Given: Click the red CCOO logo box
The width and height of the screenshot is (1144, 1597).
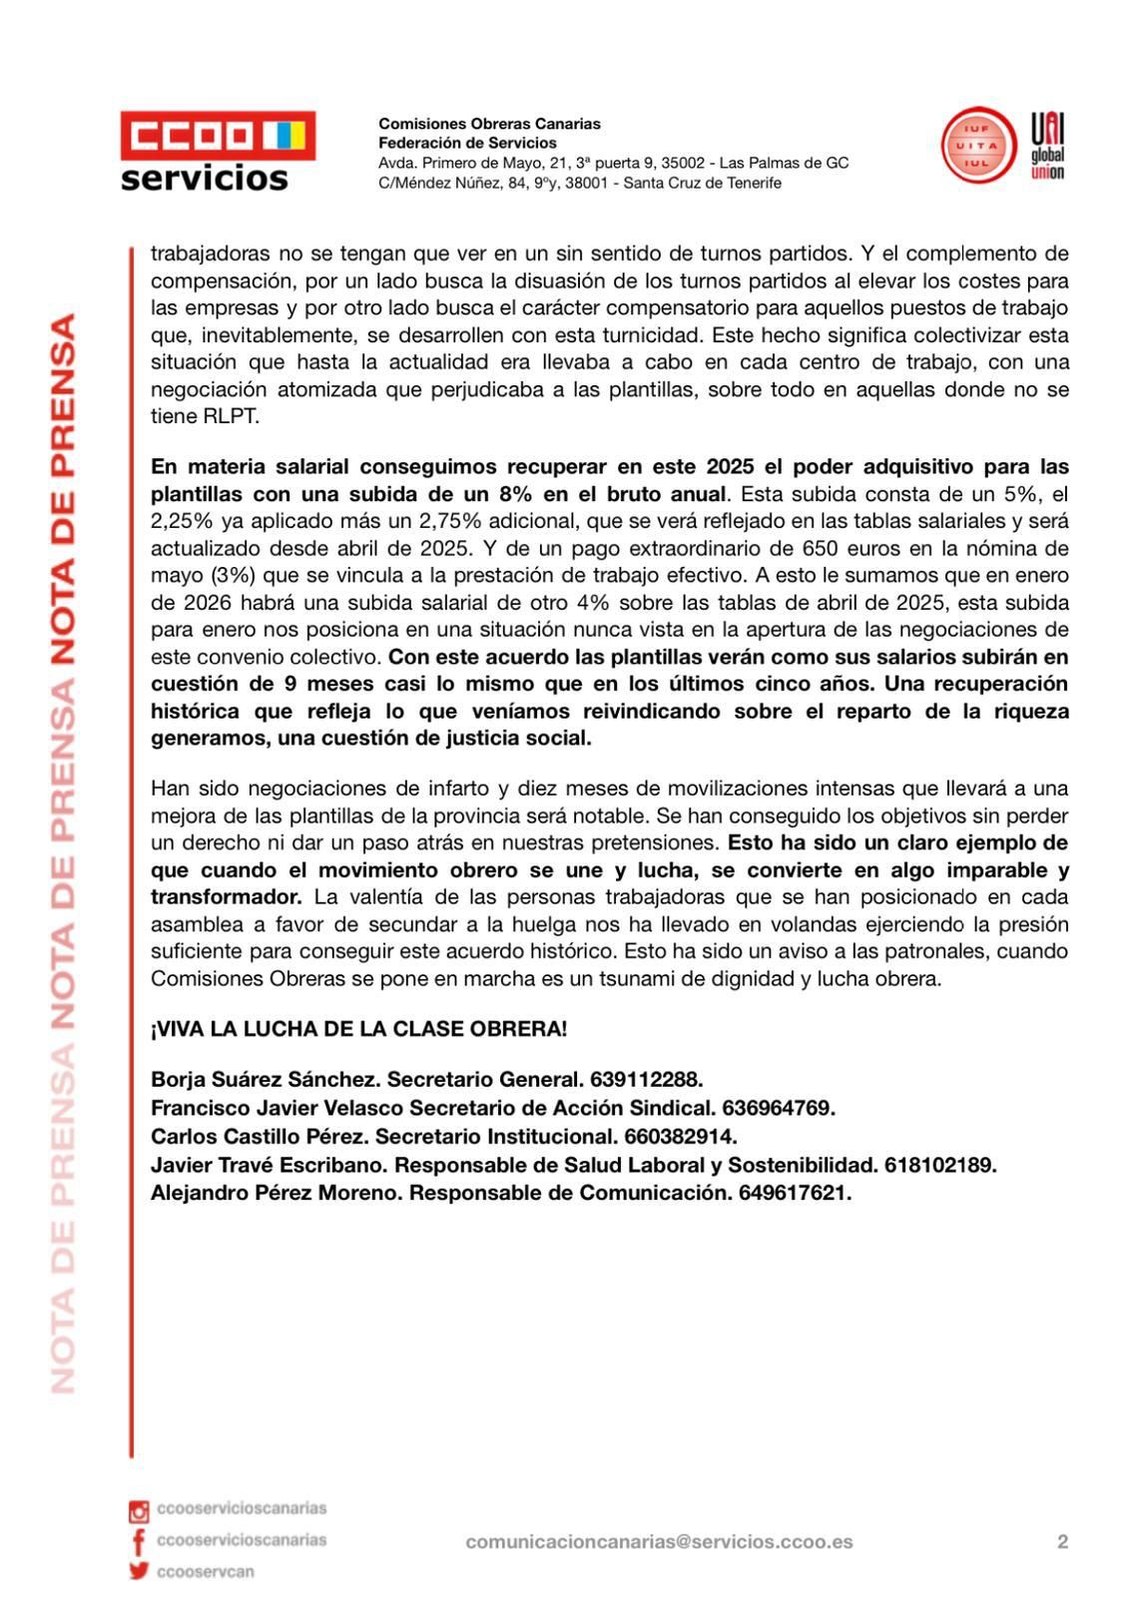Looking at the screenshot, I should (218, 136).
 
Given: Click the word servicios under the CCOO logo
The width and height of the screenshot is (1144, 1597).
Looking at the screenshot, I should (205, 179).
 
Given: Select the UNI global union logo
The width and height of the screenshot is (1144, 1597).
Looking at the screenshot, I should (1047, 146).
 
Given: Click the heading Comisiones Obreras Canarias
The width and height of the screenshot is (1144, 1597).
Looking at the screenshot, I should (489, 124).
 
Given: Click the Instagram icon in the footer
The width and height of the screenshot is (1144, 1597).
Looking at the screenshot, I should (139, 1511).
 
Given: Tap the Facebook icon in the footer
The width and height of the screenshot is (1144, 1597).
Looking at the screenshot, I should (138, 1541).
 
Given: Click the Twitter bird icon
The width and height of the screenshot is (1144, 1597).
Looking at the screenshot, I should (139, 1572).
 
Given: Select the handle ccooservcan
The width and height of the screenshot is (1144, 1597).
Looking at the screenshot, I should (206, 1572).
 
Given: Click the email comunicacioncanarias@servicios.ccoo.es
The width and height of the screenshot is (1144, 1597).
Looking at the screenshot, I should (659, 1542).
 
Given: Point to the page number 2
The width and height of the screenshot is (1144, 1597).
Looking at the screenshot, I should (1062, 1542).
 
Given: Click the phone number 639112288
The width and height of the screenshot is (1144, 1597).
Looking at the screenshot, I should (646, 1080).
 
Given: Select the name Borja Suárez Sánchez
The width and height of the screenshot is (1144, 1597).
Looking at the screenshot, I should (264, 1080).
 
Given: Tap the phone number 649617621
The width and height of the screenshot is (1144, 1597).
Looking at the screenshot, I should (795, 1193).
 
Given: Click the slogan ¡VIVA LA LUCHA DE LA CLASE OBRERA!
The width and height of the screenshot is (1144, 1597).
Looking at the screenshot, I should (358, 1029).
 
